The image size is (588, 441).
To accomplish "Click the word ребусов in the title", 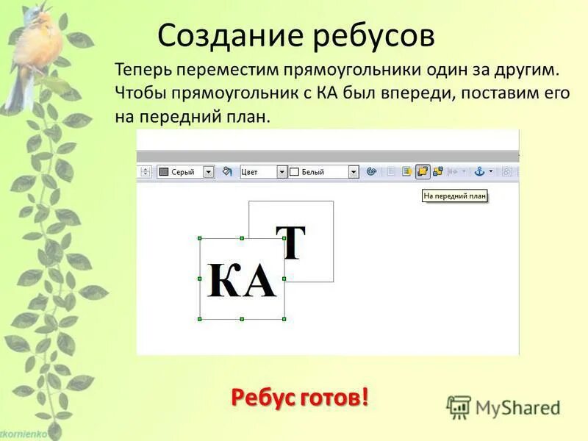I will pos(374,36).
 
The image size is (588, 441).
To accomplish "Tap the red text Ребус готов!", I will pos(300,398).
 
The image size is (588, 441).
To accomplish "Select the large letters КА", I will pos(241,280).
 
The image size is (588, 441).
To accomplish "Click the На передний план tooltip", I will pos(455,196).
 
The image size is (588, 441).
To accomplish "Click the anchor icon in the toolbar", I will pos(479,171).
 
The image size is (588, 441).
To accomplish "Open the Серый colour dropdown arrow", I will pos(208,171).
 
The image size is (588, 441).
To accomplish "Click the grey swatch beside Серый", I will pos(164,171).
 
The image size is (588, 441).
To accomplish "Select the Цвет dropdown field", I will pos(258,171).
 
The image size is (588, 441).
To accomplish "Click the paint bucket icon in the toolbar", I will pos(227,171).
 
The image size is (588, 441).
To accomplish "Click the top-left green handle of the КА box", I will pos(200,238).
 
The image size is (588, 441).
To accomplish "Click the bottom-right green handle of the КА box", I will pos(284,319).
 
